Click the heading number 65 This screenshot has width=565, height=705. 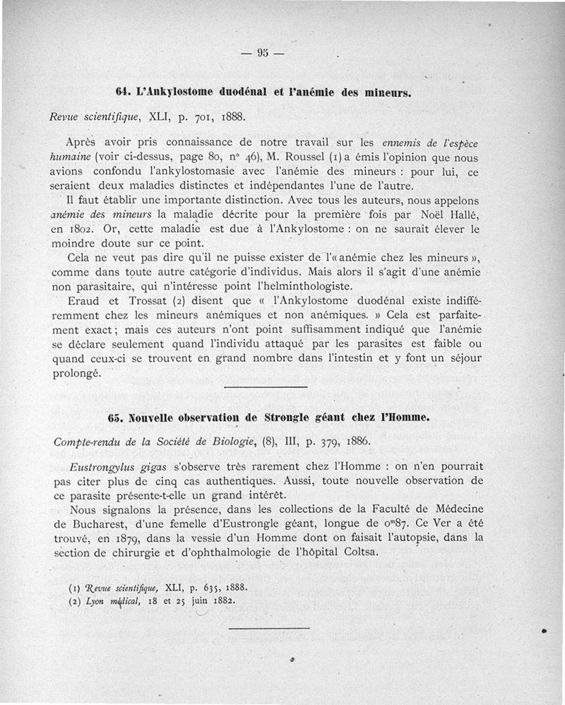(x=117, y=417)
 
